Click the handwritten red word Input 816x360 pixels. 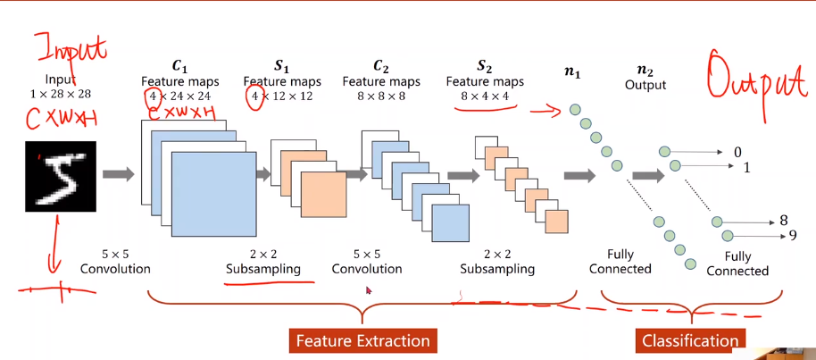tap(70, 46)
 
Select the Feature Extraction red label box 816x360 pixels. tap(362, 340)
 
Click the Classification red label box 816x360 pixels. tap(690, 340)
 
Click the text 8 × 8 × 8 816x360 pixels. tap(381, 96)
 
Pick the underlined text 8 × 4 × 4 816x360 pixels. tap(485, 96)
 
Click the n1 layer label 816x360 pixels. tap(572, 73)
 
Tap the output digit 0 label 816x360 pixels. tap(737, 153)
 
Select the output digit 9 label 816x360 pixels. tap(792, 236)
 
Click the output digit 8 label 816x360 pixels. tap(783, 221)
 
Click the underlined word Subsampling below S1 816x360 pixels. tap(262, 269)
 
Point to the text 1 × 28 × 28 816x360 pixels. tap(61, 94)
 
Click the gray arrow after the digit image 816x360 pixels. tap(118, 173)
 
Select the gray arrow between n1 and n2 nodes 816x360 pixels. tap(649, 176)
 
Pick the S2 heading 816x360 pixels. tap(484, 66)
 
